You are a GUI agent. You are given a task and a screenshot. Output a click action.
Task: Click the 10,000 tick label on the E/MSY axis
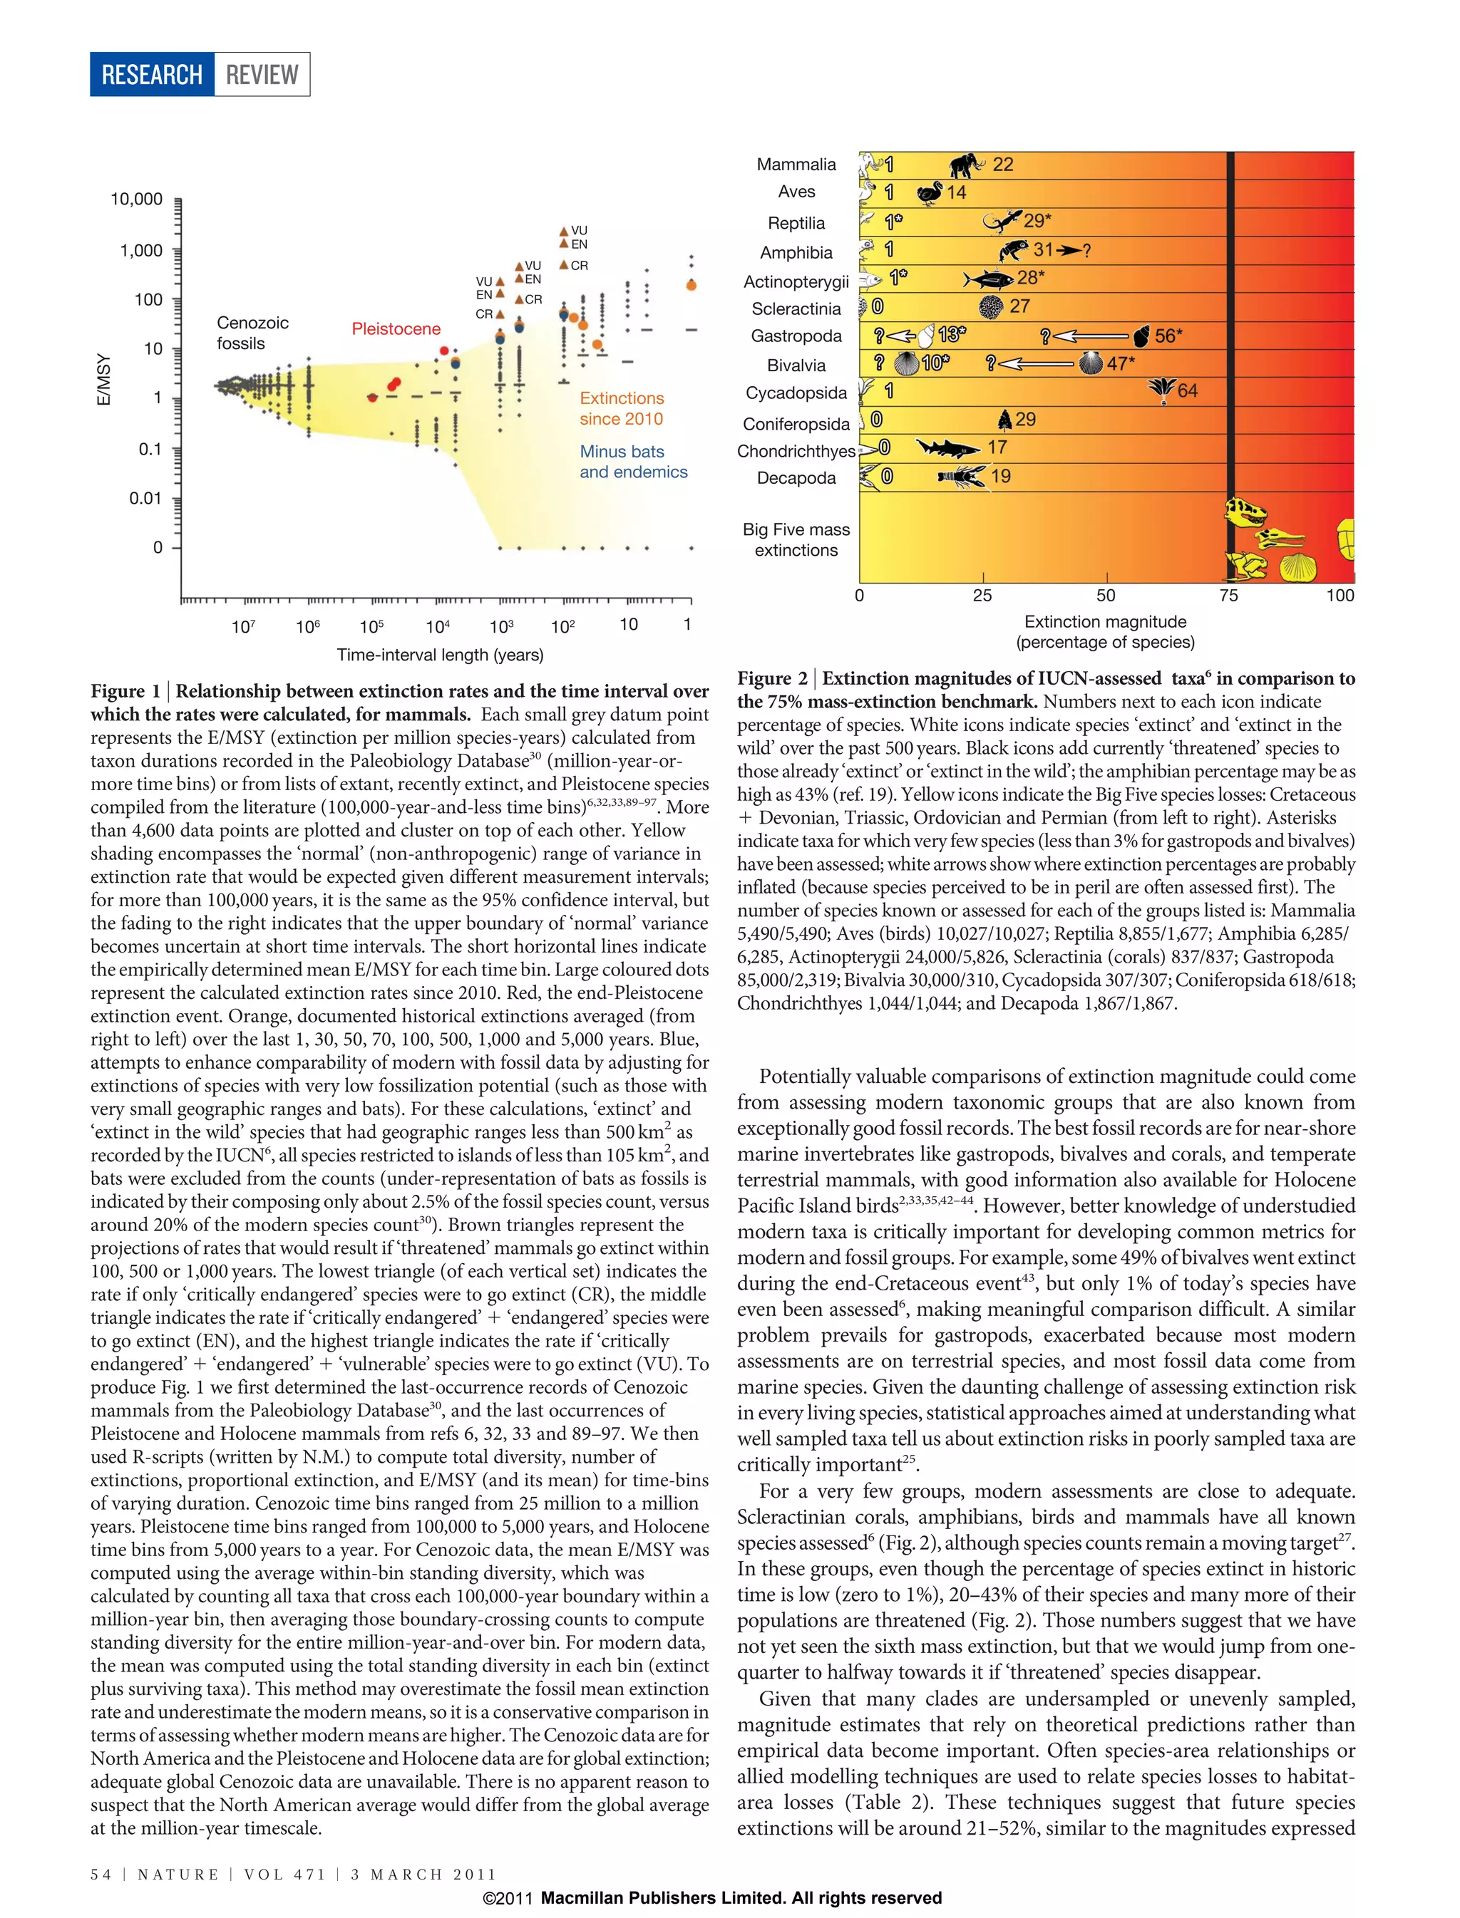click(x=136, y=199)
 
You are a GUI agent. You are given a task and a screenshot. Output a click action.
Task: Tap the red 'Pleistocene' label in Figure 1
click(x=396, y=329)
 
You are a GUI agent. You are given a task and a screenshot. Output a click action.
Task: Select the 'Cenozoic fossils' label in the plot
click(x=252, y=333)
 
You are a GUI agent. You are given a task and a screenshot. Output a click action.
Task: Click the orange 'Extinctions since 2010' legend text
click(x=622, y=408)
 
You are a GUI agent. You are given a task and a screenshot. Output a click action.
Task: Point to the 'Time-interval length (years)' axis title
click(x=440, y=655)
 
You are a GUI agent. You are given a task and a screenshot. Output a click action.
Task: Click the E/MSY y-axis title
click(x=104, y=379)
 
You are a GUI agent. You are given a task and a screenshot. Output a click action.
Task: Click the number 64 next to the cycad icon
click(x=1187, y=391)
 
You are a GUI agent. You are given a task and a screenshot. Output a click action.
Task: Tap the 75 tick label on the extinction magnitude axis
click(x=1228, y=595)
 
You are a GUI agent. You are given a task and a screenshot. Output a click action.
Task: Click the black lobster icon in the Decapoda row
click(x=961, y=476)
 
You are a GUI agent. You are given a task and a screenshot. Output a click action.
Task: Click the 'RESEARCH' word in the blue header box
click(x=152, y=75)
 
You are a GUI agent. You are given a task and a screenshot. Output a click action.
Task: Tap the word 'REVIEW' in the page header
click(x=262, y=75)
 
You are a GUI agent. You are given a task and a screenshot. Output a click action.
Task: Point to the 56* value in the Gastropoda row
click(x=1168, y=336)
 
